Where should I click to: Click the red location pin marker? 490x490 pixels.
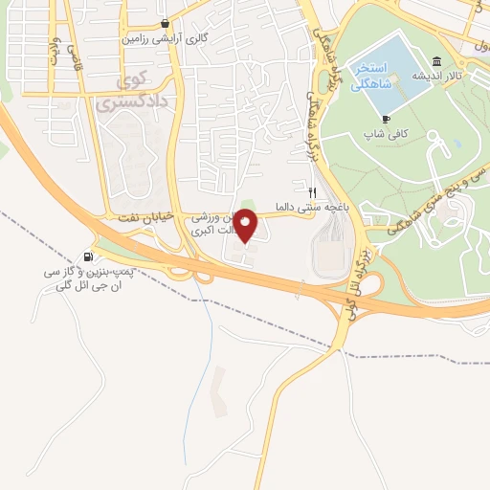[247, 225]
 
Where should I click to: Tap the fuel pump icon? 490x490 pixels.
[89, 256]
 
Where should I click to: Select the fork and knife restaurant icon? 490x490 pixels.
[312, 190]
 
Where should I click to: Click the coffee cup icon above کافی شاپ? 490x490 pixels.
[386, 118]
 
